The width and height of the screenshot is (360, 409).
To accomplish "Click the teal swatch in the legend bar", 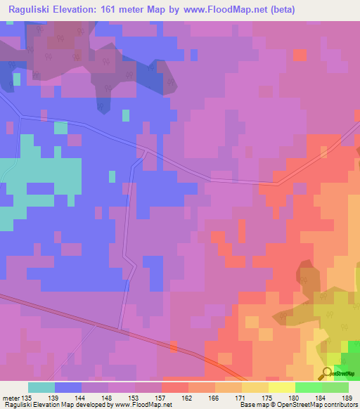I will pyautogui.click(x=41, y=387).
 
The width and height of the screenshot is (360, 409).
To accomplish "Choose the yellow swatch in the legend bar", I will pyautogui.click(x=281, y=387).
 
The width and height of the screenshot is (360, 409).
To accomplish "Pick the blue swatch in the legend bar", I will pyautogui.click(x=67, y=387).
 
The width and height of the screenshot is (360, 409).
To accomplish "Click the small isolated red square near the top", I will pyautogui.click(x=300, y=55).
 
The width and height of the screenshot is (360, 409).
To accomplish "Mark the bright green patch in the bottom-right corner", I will pyautogui.click(x=351, y=350).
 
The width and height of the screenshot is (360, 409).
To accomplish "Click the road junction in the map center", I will pyautogui.click(x=143, y=150).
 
